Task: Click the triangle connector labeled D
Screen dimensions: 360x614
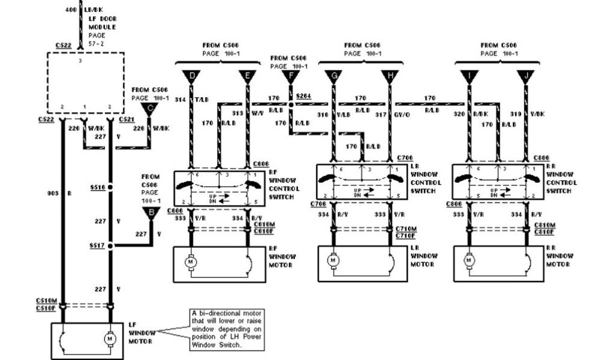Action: pyautogui.click(x=192, y=77)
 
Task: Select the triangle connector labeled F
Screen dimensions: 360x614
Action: pyautogui.click(x=291, y=77)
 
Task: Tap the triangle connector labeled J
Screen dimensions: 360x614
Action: pyautogui.click(x=525, y=77)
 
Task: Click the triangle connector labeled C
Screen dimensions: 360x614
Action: pyautogui.click(x=148, y=109)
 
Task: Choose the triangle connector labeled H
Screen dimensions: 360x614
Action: pyautogui.click(x=390, y=77)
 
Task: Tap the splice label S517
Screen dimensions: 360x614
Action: pyautogui.click(x=97, y=245)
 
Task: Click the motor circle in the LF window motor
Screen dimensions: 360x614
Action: pyautogui.click(x=110, y=339)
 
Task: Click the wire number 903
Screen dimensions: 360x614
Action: pyautogui.click(x=52, y=194)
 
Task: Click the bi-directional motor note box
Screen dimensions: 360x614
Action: pyautogui.click(x=227, y=329)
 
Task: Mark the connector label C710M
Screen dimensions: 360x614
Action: pyautogui.click(x=405, y=229)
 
